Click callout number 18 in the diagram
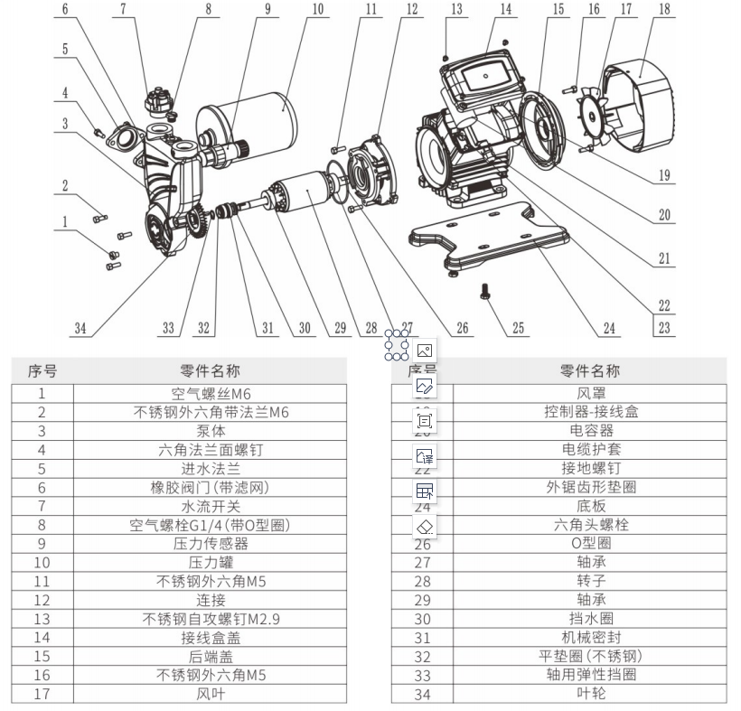pyautogui.click(x=665, y=10)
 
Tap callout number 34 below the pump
pyautogui.click(x=81, y=327)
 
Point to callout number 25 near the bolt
pyautogui.click(x=518, y=328)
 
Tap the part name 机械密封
pyautogui.click(x=590, y=638)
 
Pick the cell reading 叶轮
pyautogui.click(x=590, y=693)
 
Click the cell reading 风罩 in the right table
pyautogui.click(x=590, y=392)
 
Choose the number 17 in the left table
pyautogui.click(x=42, y=693)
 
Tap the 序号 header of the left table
pyautogui.click(x=42, y=370)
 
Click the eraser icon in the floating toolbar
pyautogui.click(x=424, y=527)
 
